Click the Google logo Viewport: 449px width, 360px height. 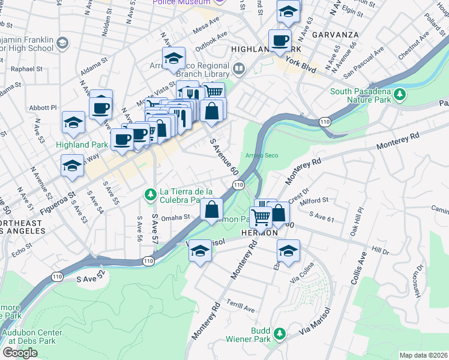(x=20, y=352)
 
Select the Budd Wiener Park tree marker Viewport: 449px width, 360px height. (x=279, y=333)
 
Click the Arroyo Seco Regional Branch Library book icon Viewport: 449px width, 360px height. (x=239, y=68)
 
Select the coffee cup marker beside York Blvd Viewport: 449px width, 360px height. (x=280, y=41)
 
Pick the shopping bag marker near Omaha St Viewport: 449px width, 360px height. (x=211, y=210)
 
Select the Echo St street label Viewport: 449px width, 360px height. (x=21, y=249)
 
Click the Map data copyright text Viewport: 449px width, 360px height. (x=423, y=355)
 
